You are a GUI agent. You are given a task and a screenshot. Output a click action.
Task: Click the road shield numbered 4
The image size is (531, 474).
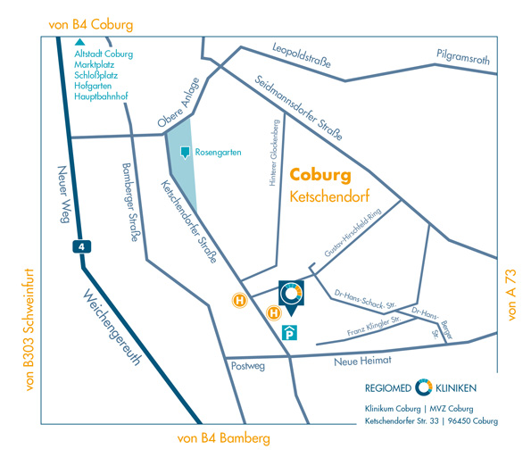(81, 246)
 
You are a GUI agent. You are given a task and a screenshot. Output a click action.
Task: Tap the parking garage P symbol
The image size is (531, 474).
(289, 332)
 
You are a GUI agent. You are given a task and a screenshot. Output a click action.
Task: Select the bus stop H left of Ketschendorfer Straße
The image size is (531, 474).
(240, 301)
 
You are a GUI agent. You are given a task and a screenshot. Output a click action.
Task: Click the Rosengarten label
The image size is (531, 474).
(218, 152)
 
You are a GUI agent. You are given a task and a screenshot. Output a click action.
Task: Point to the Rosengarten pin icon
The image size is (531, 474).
(185, 152)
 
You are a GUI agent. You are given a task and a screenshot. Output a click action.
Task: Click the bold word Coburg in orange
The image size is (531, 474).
(320, 175)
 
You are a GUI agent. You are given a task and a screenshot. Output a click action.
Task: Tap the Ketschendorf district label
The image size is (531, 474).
(329, 196)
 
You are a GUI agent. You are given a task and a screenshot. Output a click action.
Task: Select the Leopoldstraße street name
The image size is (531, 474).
(302, 55)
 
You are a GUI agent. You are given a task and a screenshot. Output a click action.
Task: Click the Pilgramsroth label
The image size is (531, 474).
(463, 57)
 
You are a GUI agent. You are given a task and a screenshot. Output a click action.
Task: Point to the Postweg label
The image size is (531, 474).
(248, 366)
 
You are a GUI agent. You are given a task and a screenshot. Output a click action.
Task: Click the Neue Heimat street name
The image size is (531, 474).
(362, 361)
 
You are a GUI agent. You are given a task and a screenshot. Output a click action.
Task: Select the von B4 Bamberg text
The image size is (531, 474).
(224, 438)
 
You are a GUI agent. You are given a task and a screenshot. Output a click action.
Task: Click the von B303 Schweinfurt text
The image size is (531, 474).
(29, 329)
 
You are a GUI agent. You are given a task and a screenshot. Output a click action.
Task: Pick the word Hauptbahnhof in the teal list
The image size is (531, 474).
(101, 96)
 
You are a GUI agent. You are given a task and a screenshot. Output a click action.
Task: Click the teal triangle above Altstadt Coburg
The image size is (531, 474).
(80, 42)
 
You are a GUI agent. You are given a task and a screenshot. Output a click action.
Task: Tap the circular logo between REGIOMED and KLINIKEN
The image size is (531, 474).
(424, 387)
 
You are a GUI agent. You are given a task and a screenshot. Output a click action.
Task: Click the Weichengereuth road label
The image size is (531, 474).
(112, 327)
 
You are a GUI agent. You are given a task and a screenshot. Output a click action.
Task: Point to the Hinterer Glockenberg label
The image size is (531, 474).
(274, 153)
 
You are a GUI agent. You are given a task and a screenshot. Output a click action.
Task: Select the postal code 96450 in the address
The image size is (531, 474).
(460, 421)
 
